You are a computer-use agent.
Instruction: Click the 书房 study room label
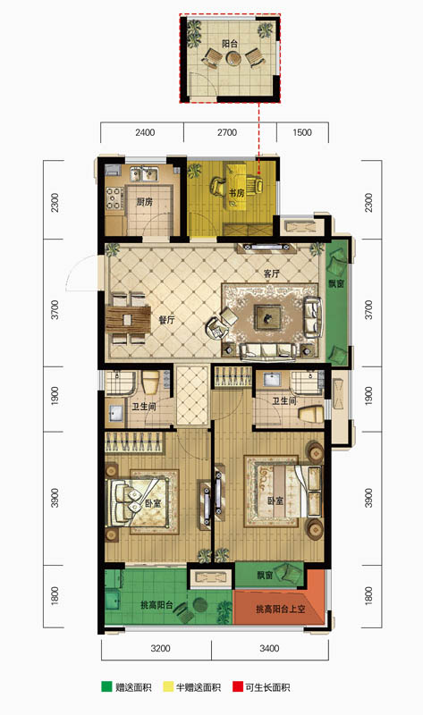pos(236,193)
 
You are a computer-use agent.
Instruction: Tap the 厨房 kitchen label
pos(144,202)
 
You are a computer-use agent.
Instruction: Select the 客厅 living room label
pos(272,273)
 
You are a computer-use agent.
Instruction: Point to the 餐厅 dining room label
pos(166,320)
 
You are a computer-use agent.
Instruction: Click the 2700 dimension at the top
pos(227,132)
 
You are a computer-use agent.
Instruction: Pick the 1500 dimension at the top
pos(302,132)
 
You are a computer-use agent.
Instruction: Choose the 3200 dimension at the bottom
pos(160,649)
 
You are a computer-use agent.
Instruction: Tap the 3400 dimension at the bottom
pos(269,649)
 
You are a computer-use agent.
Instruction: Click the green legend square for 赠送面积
pos(106,687)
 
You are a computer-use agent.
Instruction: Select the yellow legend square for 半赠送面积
pos(168,687)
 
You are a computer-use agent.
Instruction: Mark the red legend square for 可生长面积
pos(237,687)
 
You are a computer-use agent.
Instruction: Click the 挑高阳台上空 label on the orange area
pos(280,609)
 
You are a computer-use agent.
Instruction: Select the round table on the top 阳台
pos(233,58)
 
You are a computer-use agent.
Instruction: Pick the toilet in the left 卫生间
pos(150,383)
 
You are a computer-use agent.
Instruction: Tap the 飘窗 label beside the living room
pos(336,283)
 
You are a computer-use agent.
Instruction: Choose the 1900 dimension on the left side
pos(55,395)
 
